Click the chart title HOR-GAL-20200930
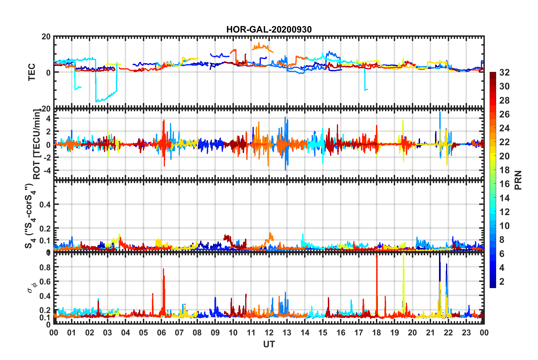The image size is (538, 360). [269, 29]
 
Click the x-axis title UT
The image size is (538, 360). [269, 344]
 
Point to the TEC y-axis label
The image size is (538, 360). [32, 72]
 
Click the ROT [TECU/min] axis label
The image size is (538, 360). [37, 144]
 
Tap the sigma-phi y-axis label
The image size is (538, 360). [32, 288]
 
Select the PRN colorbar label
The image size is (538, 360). [518, 180]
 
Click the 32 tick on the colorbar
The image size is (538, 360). [504, 72]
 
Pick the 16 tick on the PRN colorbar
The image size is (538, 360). [504, 184]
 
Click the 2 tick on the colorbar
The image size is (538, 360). [502, 281]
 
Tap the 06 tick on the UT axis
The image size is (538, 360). [161, 333]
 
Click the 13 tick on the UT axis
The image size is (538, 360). [287, 333]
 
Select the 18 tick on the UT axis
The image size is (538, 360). [376, 333]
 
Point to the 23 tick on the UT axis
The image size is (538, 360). [466, 333]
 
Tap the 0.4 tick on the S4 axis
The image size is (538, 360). [45, 204]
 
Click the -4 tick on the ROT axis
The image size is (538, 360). [46, 171]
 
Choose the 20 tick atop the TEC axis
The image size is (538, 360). [46, 37]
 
